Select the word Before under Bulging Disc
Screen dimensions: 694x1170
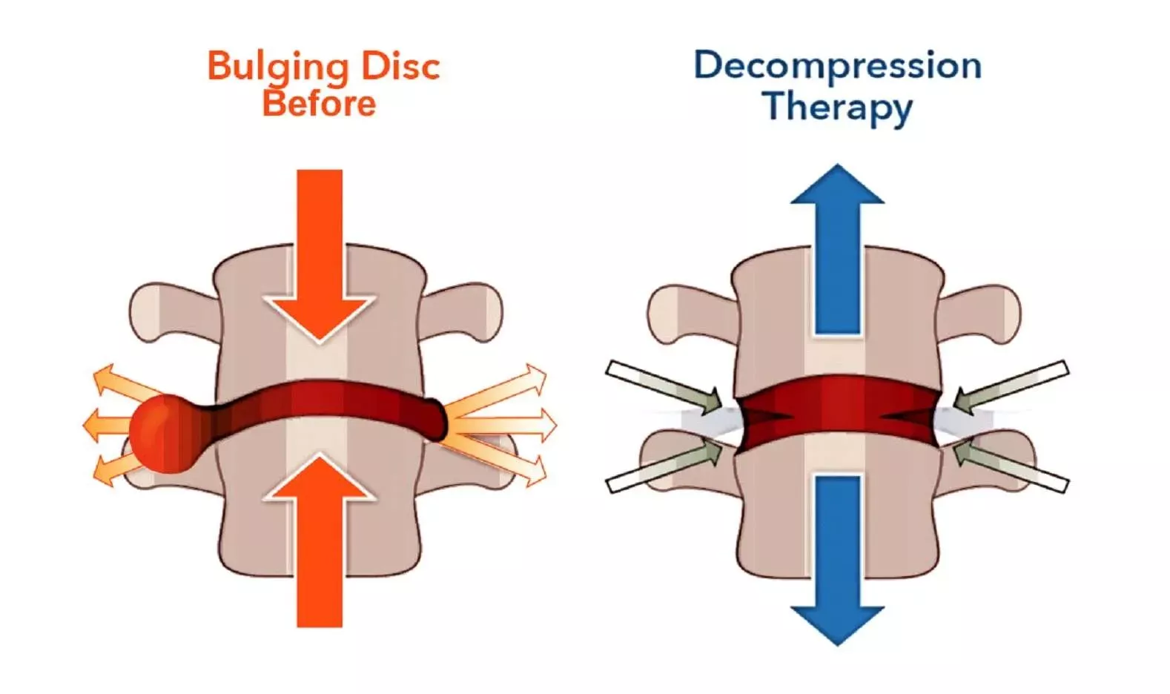pos(319,104)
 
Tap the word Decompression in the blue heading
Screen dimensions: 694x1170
pos(837,65)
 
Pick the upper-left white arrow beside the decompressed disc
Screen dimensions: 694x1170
pos(664,386)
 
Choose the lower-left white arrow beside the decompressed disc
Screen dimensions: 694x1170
pos(664,466)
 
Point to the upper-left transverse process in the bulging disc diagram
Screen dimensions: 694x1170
pos(167,311)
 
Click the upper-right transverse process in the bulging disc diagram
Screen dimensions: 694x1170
pos(467,311)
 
